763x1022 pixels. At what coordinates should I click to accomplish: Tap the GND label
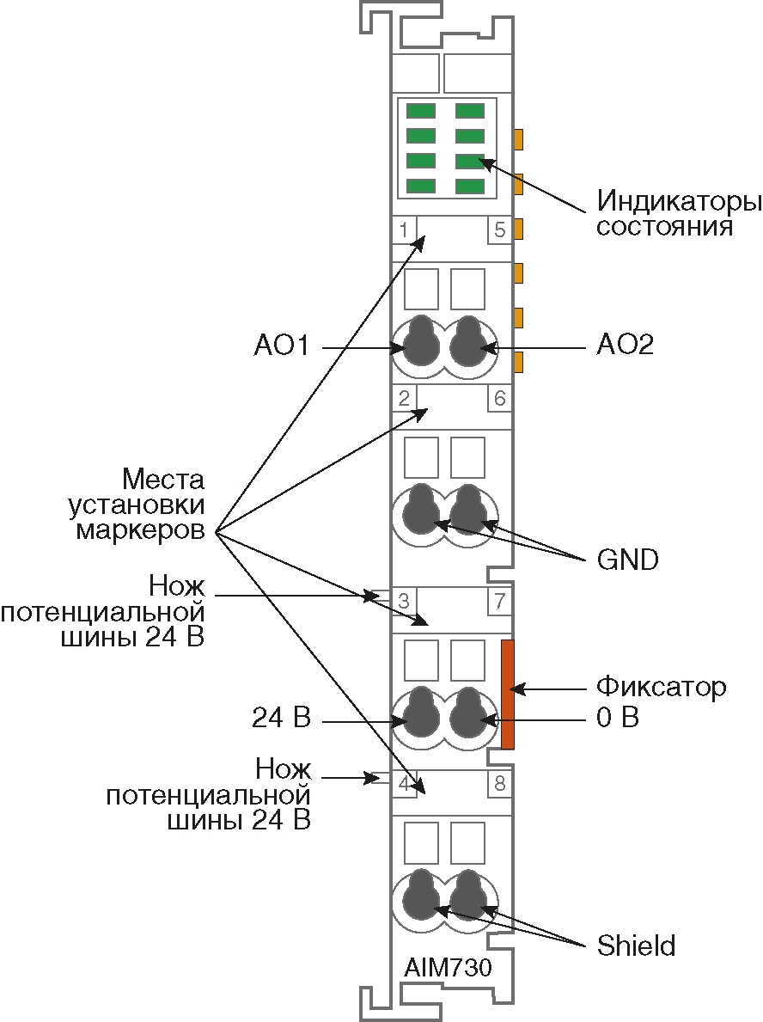pyautogui.click(x=628, y=560)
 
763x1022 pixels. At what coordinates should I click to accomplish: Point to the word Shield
pyautogui.click(x=636, y=946)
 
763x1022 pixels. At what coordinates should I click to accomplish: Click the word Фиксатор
pyautogui.click(x=662, y=688)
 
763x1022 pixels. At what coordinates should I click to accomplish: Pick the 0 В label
pyautogui.click(x=619, y=717)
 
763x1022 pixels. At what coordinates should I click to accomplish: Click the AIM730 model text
pyautogui.click(x=448, y=968)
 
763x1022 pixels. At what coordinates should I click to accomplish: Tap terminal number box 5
pyautogui.click(x=499, y=229)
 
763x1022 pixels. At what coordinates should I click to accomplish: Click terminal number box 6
pyautogui.click(x=499, y=398)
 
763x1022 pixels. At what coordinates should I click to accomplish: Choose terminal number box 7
pyautogui.click(x=499, y=600)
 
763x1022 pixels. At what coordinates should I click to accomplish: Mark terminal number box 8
pyautogui.click(x=499, y=783)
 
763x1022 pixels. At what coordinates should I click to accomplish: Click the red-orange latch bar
pyautogui.click(x=508, y=694)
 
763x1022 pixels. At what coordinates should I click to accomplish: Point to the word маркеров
pyautogui.click(x=140, y=529)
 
